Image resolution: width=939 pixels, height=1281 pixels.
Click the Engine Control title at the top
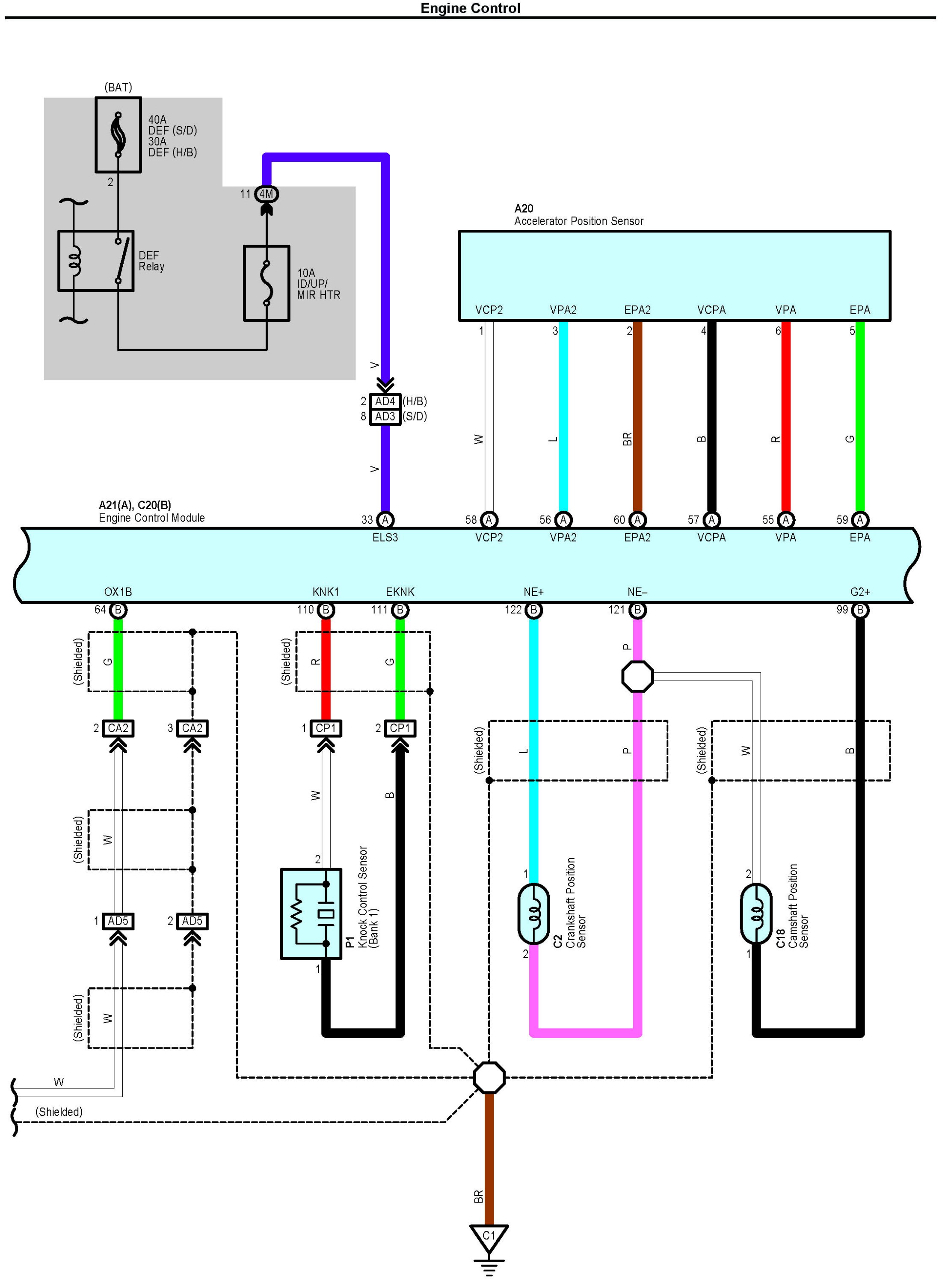pos(470,8)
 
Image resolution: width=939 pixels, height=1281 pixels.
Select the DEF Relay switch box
pos(96,261)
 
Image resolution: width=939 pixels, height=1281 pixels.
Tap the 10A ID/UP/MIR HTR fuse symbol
pos(267,283)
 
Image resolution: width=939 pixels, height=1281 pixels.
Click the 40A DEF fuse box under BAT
pos(118,135)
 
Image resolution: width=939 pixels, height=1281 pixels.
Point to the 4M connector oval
pos(266,194)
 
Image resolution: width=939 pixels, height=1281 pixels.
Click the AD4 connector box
pos(385,401)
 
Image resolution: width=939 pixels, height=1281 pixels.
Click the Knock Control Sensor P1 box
pos(311,914)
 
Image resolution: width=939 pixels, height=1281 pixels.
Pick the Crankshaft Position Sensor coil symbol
pos(534,914)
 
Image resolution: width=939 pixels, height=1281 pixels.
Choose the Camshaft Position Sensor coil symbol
pos(756,914)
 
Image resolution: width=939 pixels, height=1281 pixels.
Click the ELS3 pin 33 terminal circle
pos(385,519)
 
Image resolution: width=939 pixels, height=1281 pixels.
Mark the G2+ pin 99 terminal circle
pos(860,610)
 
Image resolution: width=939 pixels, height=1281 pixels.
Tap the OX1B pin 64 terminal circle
pos(118,610)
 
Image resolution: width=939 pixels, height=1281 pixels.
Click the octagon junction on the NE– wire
pos(638,676)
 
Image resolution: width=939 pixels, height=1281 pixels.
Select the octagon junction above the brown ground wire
pos(489,1077)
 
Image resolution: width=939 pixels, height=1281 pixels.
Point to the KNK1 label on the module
pos(326,592)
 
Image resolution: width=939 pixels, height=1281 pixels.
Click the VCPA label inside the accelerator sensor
pos(712,310)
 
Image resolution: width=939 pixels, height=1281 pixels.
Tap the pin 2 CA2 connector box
pos(118,728)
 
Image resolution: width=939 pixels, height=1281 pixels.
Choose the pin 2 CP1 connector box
pos(400,728)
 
